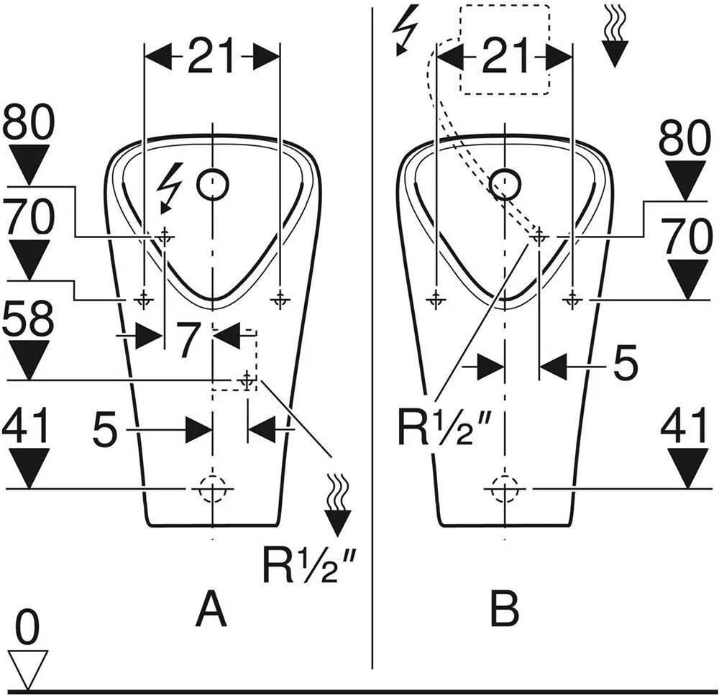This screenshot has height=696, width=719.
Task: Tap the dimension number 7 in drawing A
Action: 188,340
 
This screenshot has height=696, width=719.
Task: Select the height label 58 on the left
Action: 28,318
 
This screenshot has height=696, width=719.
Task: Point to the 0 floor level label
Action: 27,628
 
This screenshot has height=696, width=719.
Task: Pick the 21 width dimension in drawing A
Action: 211,56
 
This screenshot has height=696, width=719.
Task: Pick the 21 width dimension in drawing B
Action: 504,56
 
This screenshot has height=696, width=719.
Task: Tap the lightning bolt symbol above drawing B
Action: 406,29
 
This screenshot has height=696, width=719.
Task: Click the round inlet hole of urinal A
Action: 213,184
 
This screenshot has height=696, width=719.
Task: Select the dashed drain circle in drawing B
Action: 505,489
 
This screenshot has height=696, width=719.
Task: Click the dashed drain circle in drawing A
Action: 212,489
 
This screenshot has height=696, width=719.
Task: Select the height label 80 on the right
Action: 684,137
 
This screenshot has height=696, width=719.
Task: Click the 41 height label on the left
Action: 26,426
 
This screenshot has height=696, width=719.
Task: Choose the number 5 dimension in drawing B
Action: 626,362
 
